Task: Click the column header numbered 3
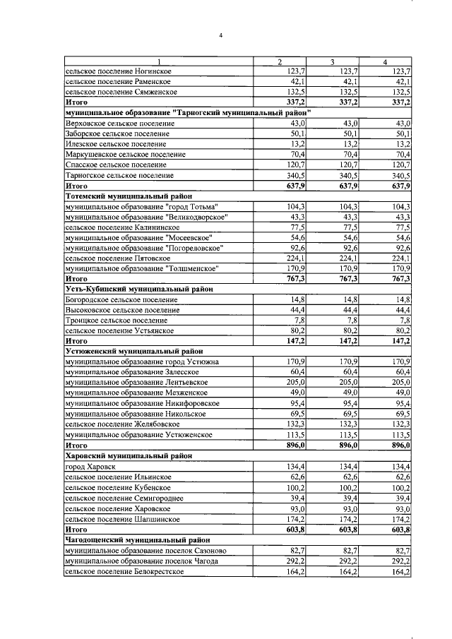331,62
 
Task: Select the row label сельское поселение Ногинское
118,71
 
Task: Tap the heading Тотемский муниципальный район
129,196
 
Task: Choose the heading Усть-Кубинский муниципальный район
139,289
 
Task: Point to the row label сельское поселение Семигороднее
124,498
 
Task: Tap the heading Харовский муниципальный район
128,456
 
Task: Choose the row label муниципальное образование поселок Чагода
142,561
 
